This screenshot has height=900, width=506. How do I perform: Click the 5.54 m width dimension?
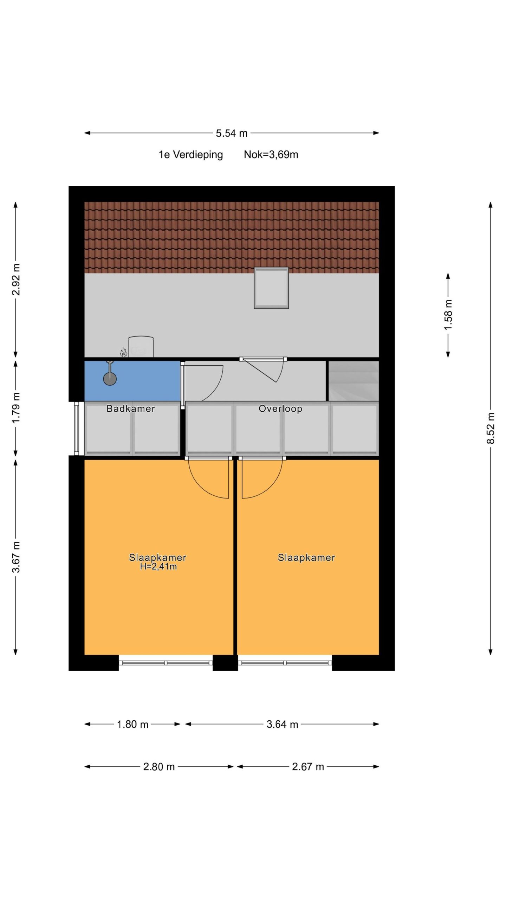tap(232, 133)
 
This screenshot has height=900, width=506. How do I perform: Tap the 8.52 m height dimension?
tap(491, 428)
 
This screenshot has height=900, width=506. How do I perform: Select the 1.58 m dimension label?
tap(448, 315)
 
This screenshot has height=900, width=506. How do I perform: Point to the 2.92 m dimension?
tap(16, 279)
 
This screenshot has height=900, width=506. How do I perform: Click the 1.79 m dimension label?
tap(16, 408)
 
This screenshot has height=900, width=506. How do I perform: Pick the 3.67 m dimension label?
tap(16, 557)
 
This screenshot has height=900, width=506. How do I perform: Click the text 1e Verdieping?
tap(191, 155)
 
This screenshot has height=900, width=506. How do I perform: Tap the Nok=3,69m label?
tap(271, 154)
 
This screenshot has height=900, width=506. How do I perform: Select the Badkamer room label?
tap(131, 409)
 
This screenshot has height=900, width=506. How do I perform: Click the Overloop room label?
tap(280, 409)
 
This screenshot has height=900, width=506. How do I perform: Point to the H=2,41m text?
tap(158, 566)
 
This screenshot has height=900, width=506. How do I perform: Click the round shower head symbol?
tap(110, 379)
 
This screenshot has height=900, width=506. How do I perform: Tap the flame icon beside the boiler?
tap(123, 352)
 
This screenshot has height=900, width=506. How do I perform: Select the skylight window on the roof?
tap(271, 288)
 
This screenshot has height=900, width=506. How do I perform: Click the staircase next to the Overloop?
tap(353, 381)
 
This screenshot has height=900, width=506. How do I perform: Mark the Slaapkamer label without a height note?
tap(306, 558)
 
